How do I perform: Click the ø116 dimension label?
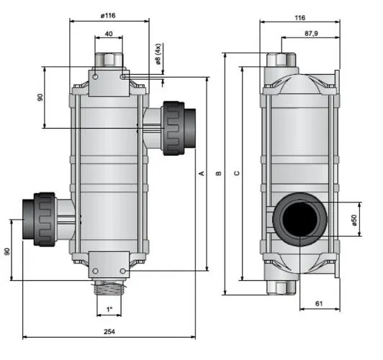click(108, 16)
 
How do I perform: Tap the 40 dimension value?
click(109, 33)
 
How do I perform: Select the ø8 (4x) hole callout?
click(158, 54)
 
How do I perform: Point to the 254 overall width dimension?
click(109, 331)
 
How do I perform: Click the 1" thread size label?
click(109, 310)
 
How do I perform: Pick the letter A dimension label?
click(202, 174)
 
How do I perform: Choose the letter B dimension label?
click(219, 174)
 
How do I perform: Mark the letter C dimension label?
click(237, 174)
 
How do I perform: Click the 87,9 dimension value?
click(311, 33)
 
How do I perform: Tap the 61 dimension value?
click(319, 304)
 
